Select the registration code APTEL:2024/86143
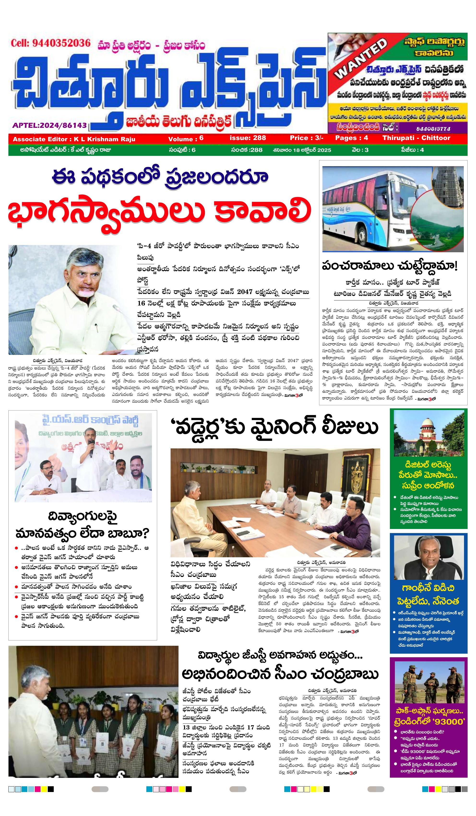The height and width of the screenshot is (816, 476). point(50,125)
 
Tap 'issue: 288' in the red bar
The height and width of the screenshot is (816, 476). point(248,138)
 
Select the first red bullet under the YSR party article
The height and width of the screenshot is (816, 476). point(17,548)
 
